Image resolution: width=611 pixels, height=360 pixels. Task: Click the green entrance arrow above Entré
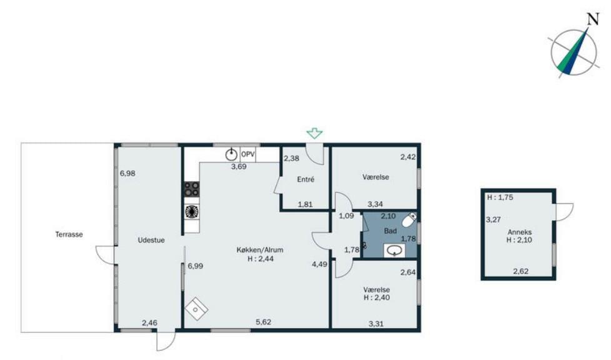pyautogui.click(x=314, y=134)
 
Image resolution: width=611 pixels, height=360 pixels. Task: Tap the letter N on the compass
pyautogui.click(x=593, y=19)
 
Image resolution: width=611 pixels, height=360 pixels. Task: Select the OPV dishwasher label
pyautogui.click(x=248, y=154)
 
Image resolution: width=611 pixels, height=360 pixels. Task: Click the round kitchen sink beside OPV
pyautogui.click(x=231, y=154)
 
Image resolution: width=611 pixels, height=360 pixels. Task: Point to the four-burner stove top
pyautogui.click(x=191, y=189)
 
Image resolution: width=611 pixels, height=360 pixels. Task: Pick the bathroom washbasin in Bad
pyautogui.click(x=395, y=251)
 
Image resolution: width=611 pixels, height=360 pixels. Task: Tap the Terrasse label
pyautogui.click(x=69, y=234)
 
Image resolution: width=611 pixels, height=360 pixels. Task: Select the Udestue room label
pyautogui.click(x=151, y=240)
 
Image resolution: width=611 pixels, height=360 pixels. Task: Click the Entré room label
pyautogui.click(x=305, y=180)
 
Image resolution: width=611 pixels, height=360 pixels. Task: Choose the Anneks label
pyautogui.click(x=519, y=232)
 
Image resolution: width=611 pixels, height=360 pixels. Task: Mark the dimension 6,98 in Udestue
pyautogui.click(x=127, y=174)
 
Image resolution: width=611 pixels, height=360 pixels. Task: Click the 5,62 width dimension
pyautogui.click(x=264, y=322)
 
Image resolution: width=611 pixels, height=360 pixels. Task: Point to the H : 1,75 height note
pyautogui.click(x=500, y=197)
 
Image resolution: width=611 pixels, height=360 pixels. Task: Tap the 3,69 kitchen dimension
pyautogui.click(x=239, y=166)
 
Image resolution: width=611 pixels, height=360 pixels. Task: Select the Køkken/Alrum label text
pyautogui.click(x=260, y=250)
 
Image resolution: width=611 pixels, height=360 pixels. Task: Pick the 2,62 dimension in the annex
pyautogui.click(x=521, y=271)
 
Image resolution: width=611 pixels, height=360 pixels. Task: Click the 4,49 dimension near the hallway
pyautogui.click(x=319, y=264)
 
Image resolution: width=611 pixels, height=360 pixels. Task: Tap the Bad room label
pyautogui.click(x=390, y=231)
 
